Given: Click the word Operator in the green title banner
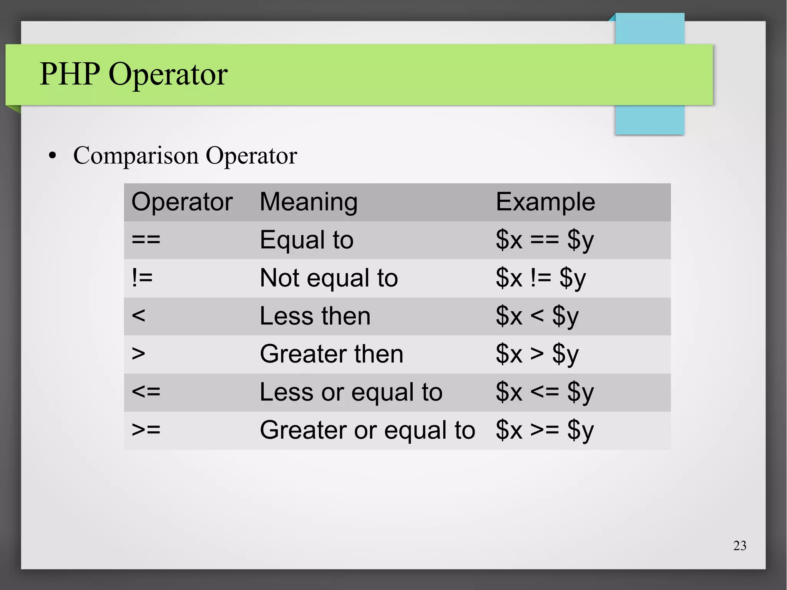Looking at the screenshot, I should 168,75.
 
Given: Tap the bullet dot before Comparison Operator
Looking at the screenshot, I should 53,156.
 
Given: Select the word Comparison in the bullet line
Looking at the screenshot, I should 136,156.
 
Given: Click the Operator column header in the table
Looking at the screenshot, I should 182,202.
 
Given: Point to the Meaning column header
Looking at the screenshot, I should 309,202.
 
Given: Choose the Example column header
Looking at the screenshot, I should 545,202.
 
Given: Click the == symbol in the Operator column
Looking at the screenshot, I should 146,240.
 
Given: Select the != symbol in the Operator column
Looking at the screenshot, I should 142,278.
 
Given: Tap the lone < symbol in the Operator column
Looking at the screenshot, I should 138,316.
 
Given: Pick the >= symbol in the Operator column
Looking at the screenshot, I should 146,430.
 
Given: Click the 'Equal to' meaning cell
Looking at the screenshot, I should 306,240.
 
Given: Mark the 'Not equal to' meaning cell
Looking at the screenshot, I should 329,278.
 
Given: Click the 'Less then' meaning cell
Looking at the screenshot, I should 315,316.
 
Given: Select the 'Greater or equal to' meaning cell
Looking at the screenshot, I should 367,430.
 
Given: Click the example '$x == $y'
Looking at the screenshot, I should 545,240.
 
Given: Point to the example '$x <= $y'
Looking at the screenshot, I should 545,392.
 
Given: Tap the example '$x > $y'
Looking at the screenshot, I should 537,354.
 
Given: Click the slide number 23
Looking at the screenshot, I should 740,545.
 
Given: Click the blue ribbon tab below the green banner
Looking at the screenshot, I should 649,120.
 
